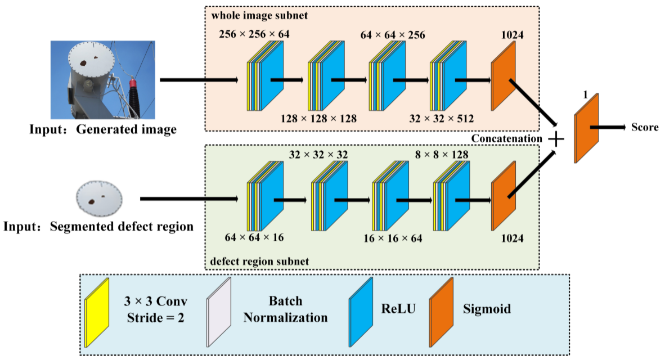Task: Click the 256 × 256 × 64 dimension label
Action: tap(254, 35)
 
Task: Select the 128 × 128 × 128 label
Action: tap(318, 119)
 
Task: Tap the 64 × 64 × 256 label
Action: tap(393, 36)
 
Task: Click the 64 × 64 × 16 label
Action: tap(254, 237)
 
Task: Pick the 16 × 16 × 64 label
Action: tap(393, 238)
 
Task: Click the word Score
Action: tap(645, 127)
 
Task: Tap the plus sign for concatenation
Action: tap(556, 139)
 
